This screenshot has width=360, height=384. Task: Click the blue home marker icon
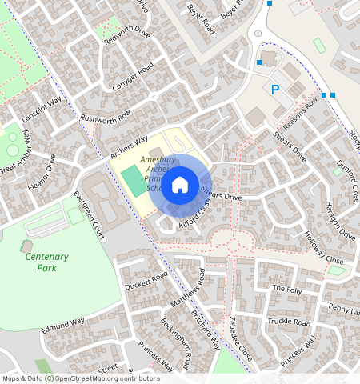[180, 185]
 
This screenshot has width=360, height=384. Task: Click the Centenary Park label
[46, 262]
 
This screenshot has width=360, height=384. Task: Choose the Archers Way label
[129, 146]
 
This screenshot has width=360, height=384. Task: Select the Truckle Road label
[289, 322]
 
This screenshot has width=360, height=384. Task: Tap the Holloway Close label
[324, 249]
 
